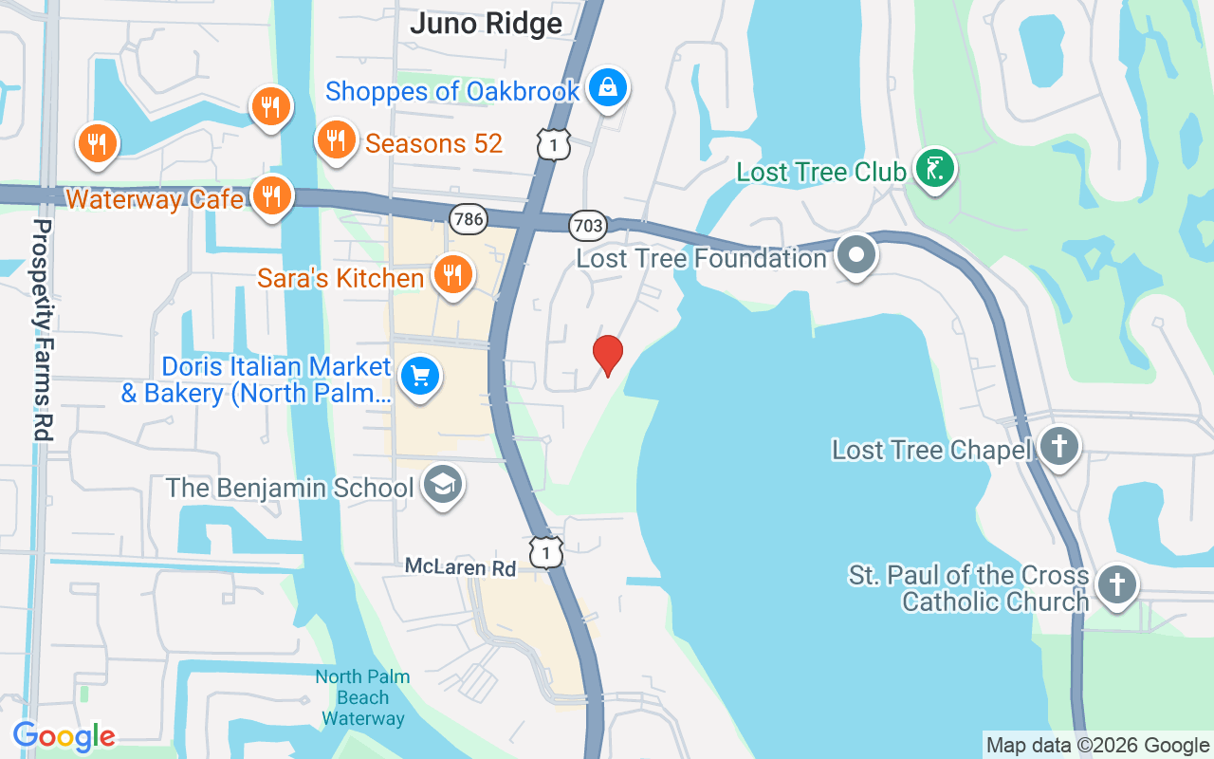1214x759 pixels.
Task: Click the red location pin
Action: (x=607, y=355)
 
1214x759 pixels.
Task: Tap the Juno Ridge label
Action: (x=486, y=24)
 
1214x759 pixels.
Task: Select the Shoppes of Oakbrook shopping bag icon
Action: (x=607, y=88)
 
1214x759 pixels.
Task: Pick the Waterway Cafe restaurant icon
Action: (x=272, y=196)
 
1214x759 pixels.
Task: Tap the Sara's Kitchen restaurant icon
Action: (x=452, y=275)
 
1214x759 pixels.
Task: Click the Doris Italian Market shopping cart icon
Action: (x=419, y=377)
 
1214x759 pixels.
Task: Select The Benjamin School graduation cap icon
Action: (x=442, y=485)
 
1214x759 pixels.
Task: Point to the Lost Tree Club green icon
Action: (x=935, y=169)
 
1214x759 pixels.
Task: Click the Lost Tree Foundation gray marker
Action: (x=856, y=255)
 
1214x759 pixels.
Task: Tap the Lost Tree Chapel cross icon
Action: (x=1058, y=446)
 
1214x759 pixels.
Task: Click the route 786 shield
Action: (x=469, y=219)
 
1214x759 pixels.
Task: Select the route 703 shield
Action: (x=588, y=225)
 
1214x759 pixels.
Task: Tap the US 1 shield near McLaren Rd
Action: (x=546, y=551)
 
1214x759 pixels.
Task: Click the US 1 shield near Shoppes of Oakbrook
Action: (x=554, y=143)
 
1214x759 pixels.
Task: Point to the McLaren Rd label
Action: (x=460, y=567)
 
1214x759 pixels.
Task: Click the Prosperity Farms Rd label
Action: (x=42, y=329)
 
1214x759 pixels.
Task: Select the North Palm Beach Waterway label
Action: (x=362, y=697)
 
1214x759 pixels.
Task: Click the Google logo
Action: (x=64, y=736)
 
